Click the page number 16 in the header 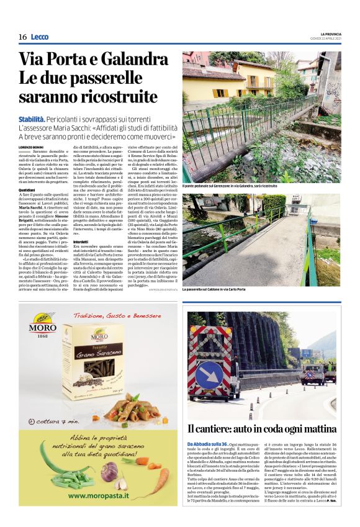point(22,37)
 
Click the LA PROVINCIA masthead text point(331,34)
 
